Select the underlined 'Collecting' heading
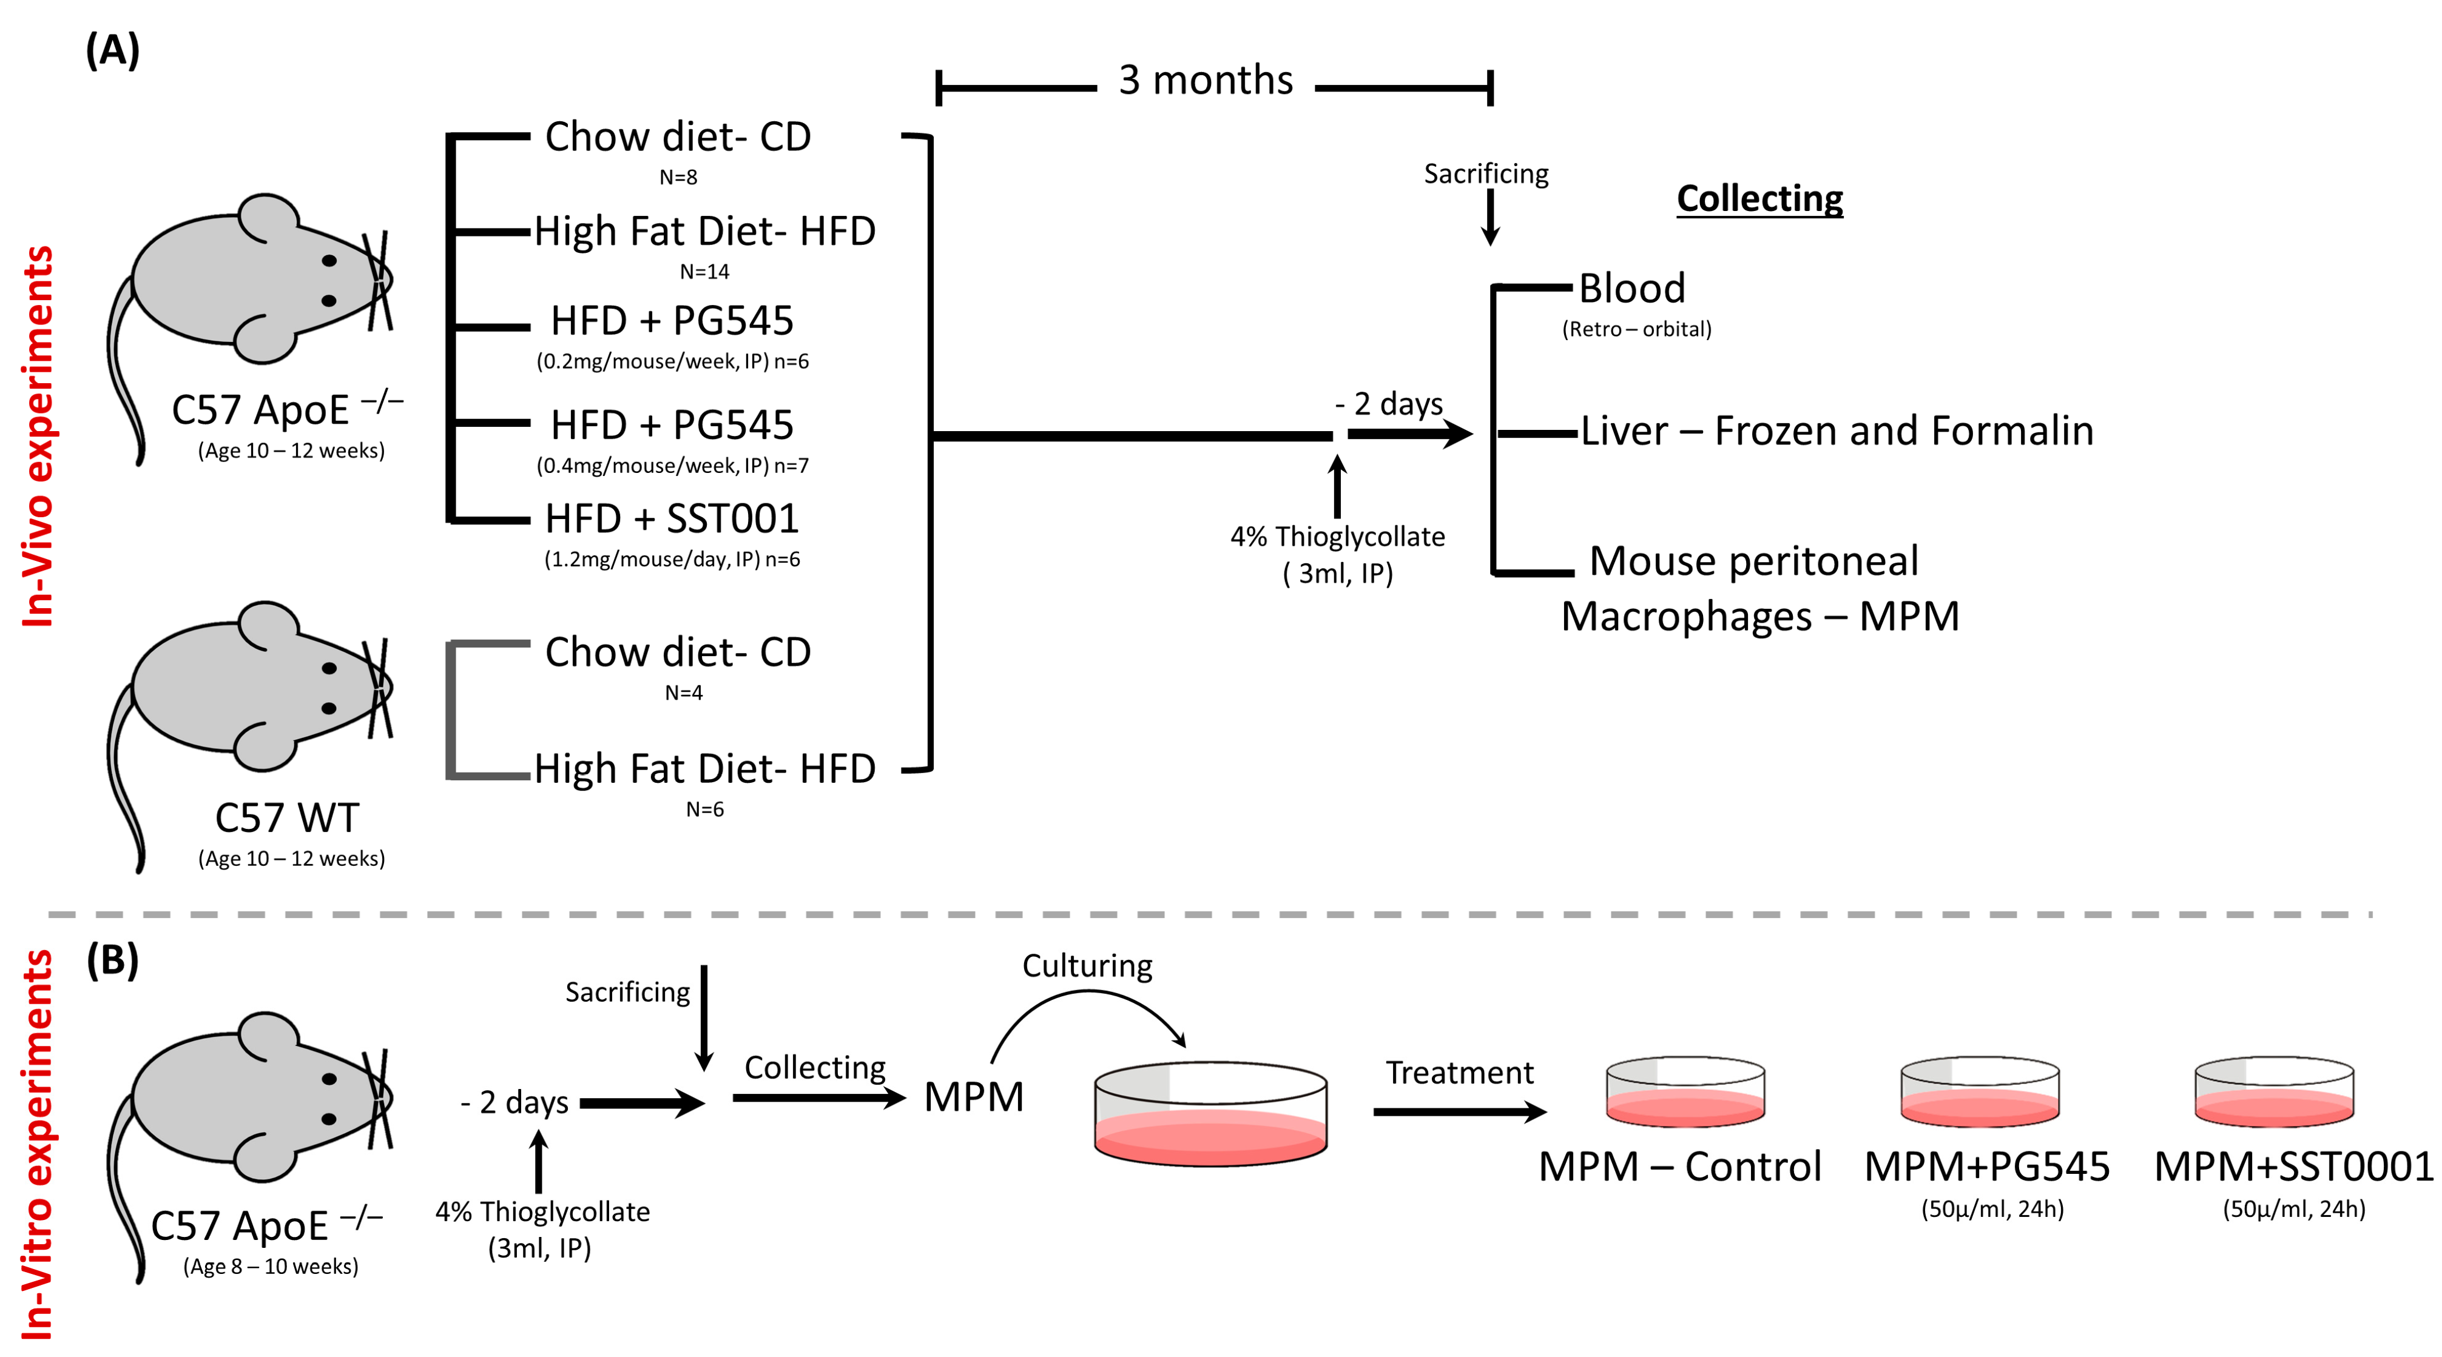click(x=1759, y=199)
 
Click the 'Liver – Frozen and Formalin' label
click(x=1837, y=431)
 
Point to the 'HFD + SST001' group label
click(x=672, y=518)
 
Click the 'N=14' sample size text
click(x=704, y=272)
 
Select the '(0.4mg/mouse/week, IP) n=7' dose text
click(x=672, y=465)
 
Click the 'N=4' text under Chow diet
click(x=684, y=692)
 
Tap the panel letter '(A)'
click(x=113, y=49)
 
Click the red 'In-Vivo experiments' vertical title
click(x=39, y=436)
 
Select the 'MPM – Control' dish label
click(x=1680, y=1167)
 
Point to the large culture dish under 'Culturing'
click(x=1210, y=1113)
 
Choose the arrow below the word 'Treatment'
click(x=1460, y=1111)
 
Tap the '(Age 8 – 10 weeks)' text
click(x=271, y=1267)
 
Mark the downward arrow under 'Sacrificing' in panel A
click(x=1490, y=217)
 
